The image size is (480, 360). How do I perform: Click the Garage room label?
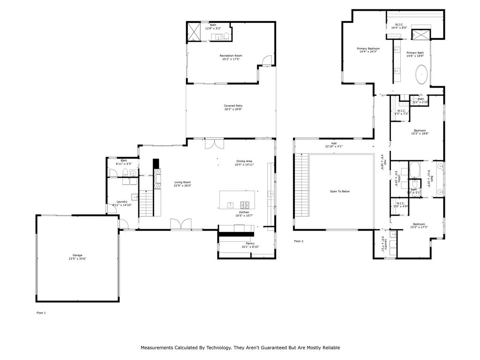point(77,255)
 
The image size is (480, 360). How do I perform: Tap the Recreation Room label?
point(231,56)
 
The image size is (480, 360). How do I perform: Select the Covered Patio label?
point(233,106)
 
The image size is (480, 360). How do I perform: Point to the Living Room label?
point(182,182)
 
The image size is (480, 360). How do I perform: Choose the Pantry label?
point(250,244)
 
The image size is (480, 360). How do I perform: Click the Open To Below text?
point(340,191)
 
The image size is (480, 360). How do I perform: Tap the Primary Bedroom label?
point(368,49)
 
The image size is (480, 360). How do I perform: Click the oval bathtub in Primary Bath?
point(422,75)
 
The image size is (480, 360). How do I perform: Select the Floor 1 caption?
point(41,313)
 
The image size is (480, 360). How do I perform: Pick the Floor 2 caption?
point(299,241)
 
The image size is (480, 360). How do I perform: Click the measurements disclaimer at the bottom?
point(240,348)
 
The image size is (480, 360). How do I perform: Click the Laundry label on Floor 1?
point(122,202)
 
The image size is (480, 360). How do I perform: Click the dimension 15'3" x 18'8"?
point(420,134)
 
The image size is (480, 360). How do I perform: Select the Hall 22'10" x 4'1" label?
point(334,145)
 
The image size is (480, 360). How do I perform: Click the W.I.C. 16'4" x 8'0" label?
point(399,26)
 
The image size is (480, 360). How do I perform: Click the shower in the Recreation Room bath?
point(194,32)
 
